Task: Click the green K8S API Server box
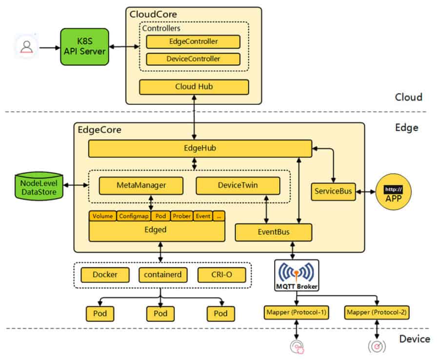click(84, 47)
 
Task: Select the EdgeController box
click(193, 42)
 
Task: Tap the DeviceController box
click(193, 59)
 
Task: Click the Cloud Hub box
click(194, 87)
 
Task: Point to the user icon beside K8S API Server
click(27, 46)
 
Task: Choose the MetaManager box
click(141, 185)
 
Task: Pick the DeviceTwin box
click(238, 185)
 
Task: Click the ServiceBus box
click(333, 192)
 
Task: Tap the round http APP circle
click(393, 192)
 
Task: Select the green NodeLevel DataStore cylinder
click(39, 186)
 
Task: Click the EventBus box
click(274, 232)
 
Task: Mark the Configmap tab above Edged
click(134, 216)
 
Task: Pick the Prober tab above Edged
click(182, 216)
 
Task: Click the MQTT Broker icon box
click(297, 275)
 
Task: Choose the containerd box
click(162, 275)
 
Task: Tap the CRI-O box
click(222, 275)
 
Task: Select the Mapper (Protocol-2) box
click(377, 312)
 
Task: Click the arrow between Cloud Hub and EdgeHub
click(194, 117)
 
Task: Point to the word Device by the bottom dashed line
click(414, 339)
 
